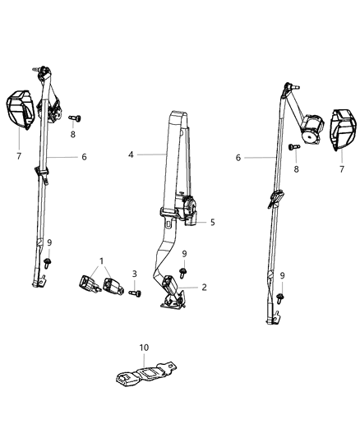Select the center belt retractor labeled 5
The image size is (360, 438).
coord(189,211)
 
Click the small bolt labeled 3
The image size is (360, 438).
coord(136,292)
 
